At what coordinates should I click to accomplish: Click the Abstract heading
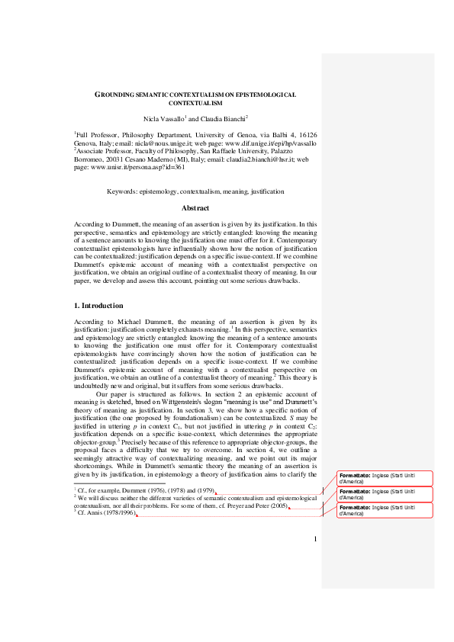point(195,208)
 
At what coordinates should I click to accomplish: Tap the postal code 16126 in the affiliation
point(304,135)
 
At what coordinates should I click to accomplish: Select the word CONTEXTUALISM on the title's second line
point(195,102)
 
